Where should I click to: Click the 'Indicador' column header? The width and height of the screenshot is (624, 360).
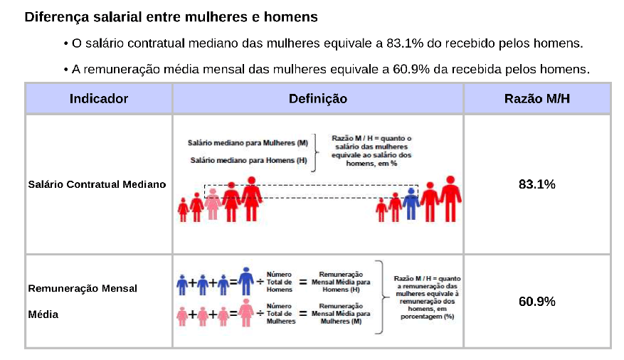[x=98, y=98]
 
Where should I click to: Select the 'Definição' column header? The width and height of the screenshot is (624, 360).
[x=317, y=98]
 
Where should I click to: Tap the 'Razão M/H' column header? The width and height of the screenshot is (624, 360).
[x=536, y=98]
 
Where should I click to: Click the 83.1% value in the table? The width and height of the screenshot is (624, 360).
[x=536, y=184]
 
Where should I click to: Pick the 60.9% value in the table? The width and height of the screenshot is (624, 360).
[x=536, y=302]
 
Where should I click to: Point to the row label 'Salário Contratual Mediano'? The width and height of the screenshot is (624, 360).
[x=97, y=184]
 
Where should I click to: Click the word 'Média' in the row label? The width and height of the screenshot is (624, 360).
[x=43, y=314]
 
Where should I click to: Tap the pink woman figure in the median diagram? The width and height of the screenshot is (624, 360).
[x=212, y=203]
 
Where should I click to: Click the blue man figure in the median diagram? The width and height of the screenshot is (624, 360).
[x=410, y=203]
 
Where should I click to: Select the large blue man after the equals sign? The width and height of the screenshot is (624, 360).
[x=246, y=281]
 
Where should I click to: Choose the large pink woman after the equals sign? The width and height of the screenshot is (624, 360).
[x=246, y=312]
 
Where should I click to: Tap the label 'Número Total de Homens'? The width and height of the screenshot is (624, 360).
[x=279, y=282]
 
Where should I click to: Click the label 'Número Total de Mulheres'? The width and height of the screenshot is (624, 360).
[x=280, y=313]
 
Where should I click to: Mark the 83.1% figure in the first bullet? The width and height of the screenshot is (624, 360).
[x=403, y=43]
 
